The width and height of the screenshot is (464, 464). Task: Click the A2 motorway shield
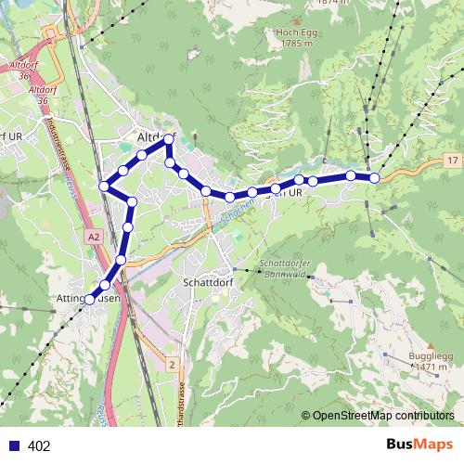point(94,238)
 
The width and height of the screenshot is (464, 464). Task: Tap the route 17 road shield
point(451,161)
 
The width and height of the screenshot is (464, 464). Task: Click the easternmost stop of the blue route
point(375,177)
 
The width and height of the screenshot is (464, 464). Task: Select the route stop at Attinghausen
point(90,300)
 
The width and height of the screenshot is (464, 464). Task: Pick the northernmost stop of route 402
point(168,139)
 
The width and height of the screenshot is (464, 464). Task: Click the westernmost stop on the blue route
point(90,300)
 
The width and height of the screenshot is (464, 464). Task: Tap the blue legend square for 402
point(14,446)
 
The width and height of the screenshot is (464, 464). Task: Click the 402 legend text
point(39,446)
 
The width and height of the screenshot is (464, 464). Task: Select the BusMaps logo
point(420,445)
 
